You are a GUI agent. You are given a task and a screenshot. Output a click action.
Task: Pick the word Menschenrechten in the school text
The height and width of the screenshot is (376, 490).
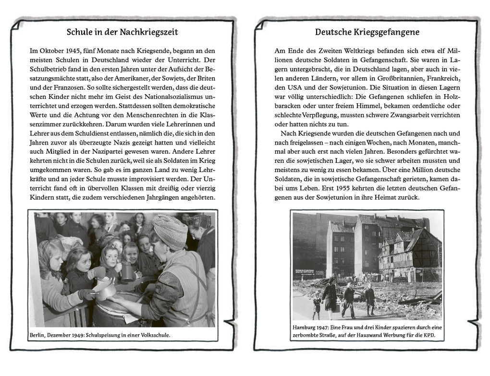pyautogui.click(x=147, y=115)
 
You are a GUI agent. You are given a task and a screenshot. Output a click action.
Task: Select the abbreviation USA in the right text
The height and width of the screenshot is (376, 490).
pyautogui.click(x=294, y=87)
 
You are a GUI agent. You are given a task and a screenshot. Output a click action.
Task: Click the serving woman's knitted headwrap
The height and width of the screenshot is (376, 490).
pyautogui.click(x=170, y=231)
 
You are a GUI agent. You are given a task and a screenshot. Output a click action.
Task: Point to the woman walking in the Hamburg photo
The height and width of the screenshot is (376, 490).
pyautogui.click(x=330, y=298)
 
